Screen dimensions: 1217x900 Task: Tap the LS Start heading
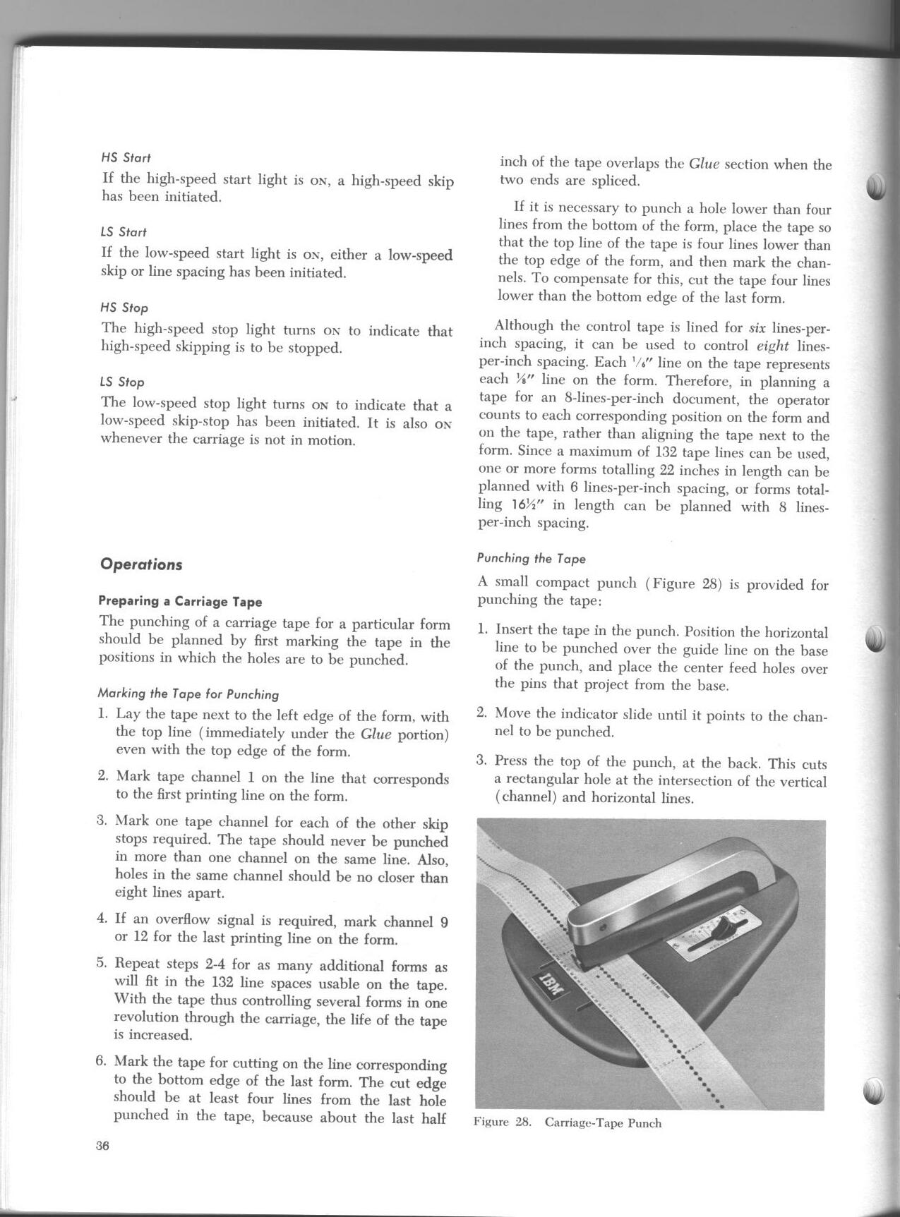pyautogui.click(x=124, y=232)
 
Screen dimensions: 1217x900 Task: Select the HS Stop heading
pyautogui.click(x=125, y=308)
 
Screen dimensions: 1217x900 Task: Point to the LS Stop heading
pyautogui.click(x=122, y=382)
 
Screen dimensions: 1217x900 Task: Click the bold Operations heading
pyautogui.click(x=141, y=564)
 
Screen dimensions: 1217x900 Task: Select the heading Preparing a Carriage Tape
pyautogui.click(x=180, y=602)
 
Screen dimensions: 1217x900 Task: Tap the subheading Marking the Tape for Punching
pyautogui.click(x=188, y=694)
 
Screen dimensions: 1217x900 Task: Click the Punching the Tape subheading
pyautogui.click(x=532, y=559)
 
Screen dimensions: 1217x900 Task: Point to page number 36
pyautogui.click(x=103, y=1146)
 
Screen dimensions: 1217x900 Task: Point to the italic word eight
pyautogui.click(x=772, y=346)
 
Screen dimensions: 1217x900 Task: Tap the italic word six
pyautogui.click(x=757, y=328)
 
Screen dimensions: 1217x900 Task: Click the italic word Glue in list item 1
pyautogui.click(x=376, y=734)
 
